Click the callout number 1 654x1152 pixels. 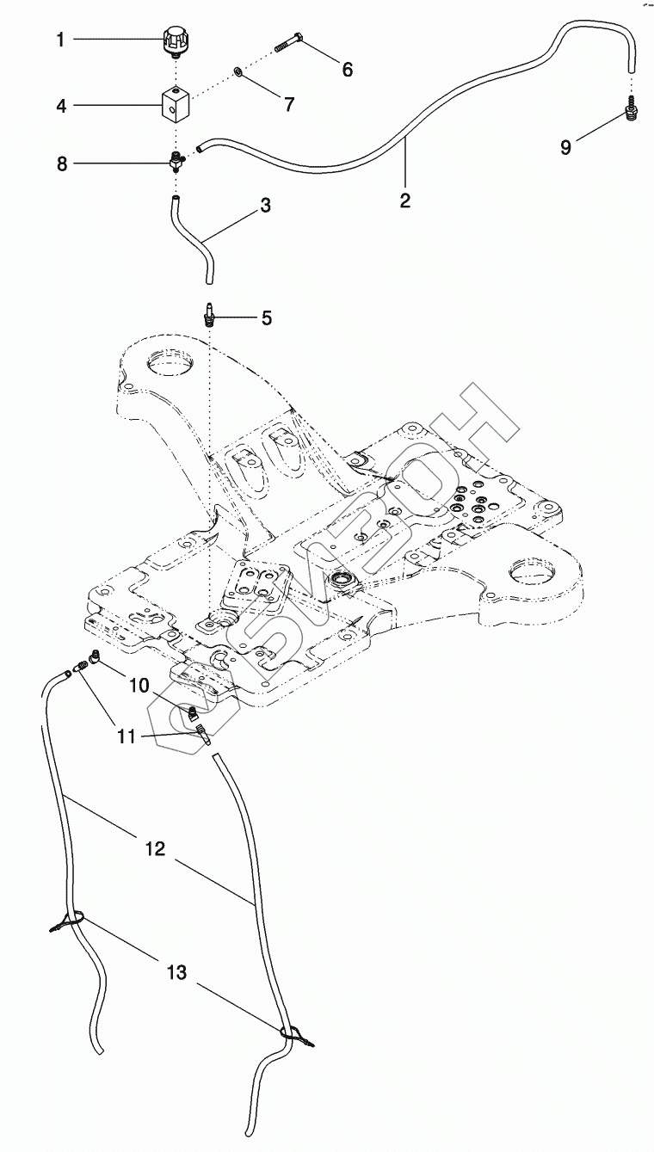(60, 39)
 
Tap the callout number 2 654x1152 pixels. (404, 200)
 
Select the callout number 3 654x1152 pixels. (266, 206)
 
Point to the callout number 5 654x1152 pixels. (267, 318)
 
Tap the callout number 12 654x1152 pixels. (156, 848)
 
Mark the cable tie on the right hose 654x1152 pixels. (293, 1034)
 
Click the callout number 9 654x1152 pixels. (565, 147)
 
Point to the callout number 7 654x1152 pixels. (289, 104)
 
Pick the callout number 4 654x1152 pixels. (61, 106)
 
